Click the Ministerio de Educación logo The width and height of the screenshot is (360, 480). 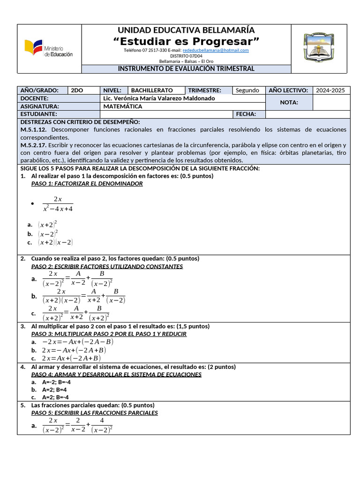pyautogui.click(x=49, y=49)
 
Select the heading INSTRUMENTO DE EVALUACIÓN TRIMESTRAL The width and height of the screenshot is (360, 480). pyautogui.click(x=186, y=69)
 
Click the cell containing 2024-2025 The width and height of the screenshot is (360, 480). pyautogui.click(x=330, y=90)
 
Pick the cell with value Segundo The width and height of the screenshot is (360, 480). pyautogui.click(x=247, y=90)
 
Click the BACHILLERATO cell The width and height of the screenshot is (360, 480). pyautogui.click(x=152, y=90)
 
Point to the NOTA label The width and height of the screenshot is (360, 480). pyautogui.click(x=289, y=102)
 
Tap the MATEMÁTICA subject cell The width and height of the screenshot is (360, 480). pyautogui.click(x=123, y=106)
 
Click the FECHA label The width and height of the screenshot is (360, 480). pyautogui.click(x=246, y=114)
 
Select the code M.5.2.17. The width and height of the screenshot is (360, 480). pyautogui.click(x=30, y=145)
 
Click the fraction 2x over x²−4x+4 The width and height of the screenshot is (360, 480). pyautogui.click(x=58, y=204)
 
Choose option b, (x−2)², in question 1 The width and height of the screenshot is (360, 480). pyautogui.click(x=48, y=233)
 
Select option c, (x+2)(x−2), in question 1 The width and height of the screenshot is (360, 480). pyautogui.click(x=56, y=242)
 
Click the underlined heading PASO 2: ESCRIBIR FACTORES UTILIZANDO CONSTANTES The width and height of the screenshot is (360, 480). pyautogui.click(x=107, y=266)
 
